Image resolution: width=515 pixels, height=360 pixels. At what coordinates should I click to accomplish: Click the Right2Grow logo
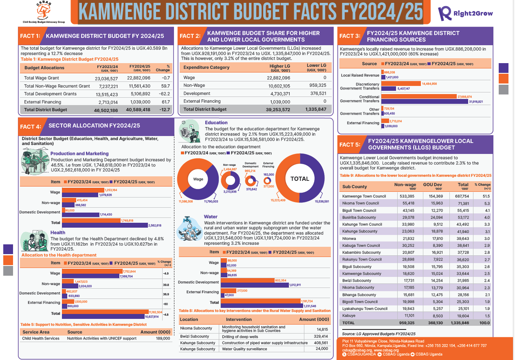(x=465, y=13)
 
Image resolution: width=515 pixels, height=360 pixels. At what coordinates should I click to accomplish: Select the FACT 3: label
(x=350, y=36)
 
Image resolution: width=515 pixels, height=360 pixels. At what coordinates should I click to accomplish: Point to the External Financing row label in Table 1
(x=42, y=102)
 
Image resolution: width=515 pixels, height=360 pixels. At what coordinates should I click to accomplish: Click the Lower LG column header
(x=316, y=67)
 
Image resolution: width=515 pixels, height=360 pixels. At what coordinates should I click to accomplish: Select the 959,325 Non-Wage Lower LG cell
(x=317, y=86)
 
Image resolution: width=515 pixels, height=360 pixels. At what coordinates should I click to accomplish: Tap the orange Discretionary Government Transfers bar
(x=401, y=83)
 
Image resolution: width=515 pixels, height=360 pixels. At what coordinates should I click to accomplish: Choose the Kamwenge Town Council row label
(x=364, y=196)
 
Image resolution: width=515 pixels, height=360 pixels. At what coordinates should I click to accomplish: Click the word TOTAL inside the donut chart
(x=299, y=179)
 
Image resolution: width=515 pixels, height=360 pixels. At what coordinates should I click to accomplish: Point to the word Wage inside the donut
(x=198, y=179)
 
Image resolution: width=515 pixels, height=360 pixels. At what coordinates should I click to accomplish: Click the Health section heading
(x=58, y=233)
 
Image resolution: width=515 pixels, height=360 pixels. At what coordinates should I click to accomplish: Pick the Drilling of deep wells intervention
(x=240, y=336)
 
